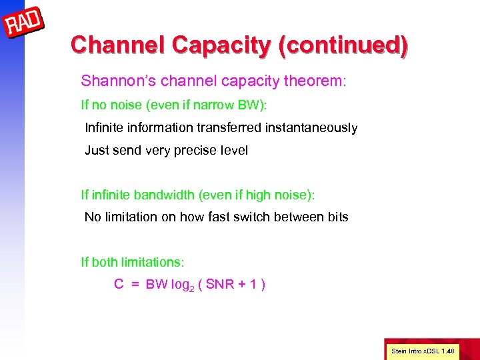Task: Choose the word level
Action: pos(233,151)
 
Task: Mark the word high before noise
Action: pos(260,195)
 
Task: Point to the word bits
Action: pos(337,217)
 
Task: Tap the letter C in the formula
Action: pos(119,285)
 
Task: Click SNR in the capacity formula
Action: pos(219,285)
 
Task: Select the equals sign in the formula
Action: pos(135,285)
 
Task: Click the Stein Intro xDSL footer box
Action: pos(423,350)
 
